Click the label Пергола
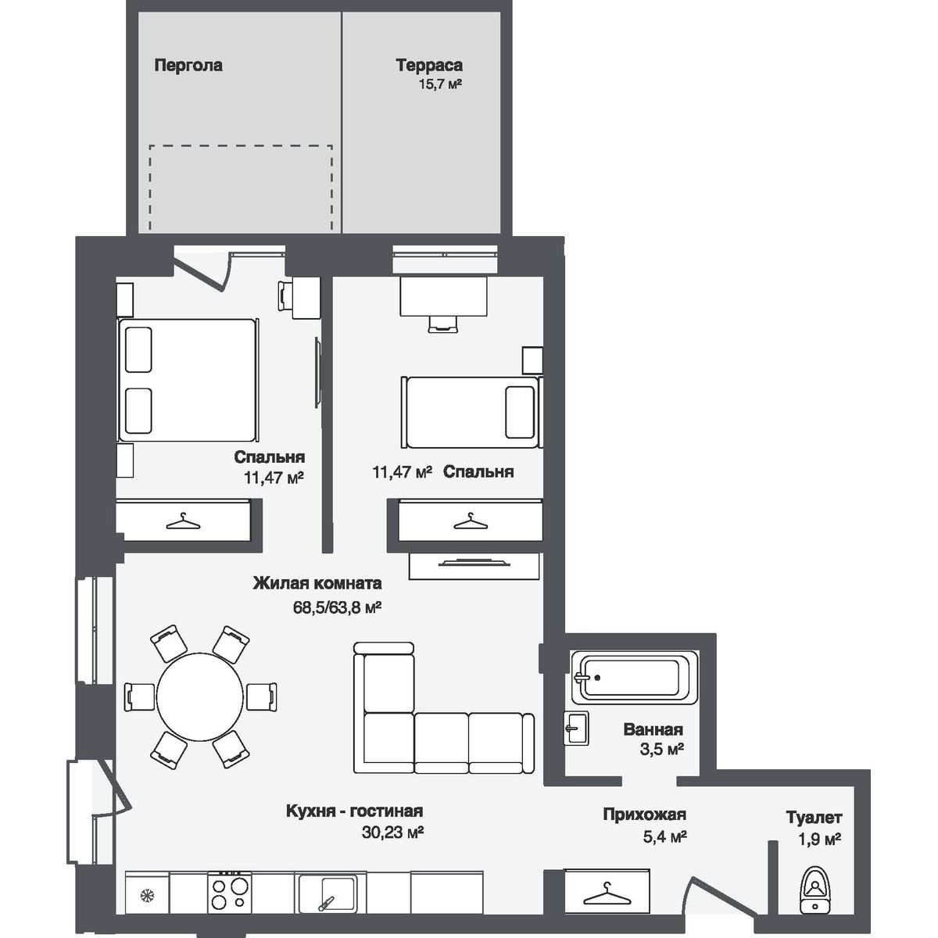coord(188,66)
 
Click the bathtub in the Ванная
coord(631,677)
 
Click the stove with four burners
coord(228,892)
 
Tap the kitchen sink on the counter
coord(328,892)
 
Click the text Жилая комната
coord(317,583)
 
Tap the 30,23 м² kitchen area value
coord(392,833)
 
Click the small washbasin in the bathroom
coord(576,728)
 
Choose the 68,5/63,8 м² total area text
coord(338,607)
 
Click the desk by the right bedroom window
coord(443,296)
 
